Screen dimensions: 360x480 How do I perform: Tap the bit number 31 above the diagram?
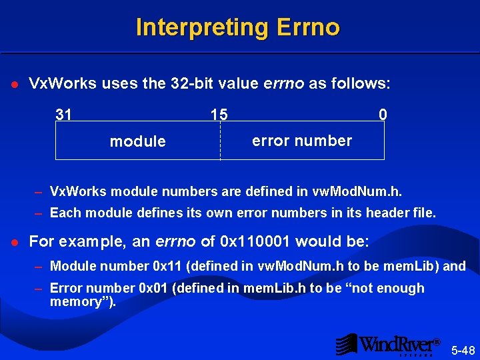(64, 115)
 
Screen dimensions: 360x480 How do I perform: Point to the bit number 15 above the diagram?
(219, 115)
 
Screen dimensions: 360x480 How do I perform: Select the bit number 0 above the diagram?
(382, 115)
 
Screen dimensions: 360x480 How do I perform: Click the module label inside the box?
(137, 141)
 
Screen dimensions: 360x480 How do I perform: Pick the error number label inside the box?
(301, 141)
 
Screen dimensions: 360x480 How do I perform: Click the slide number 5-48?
(463, 350)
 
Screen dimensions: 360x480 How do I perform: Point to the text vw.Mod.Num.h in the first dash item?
(357, 192)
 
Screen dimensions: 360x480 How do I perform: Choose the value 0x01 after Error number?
(153, 288)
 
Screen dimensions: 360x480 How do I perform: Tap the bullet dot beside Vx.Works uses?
(15, 85)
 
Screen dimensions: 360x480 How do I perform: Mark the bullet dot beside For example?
(15, 241)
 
